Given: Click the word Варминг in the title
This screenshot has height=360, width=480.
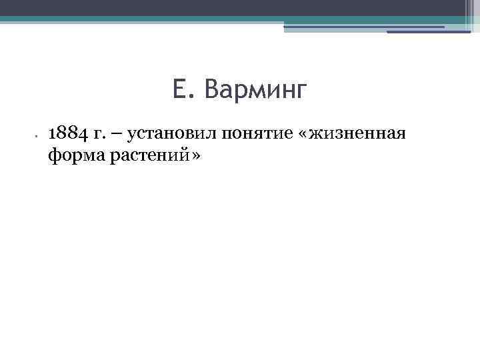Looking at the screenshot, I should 257,89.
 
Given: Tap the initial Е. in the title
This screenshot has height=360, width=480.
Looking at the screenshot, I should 182,89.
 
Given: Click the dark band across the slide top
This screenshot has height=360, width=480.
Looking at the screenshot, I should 200,7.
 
